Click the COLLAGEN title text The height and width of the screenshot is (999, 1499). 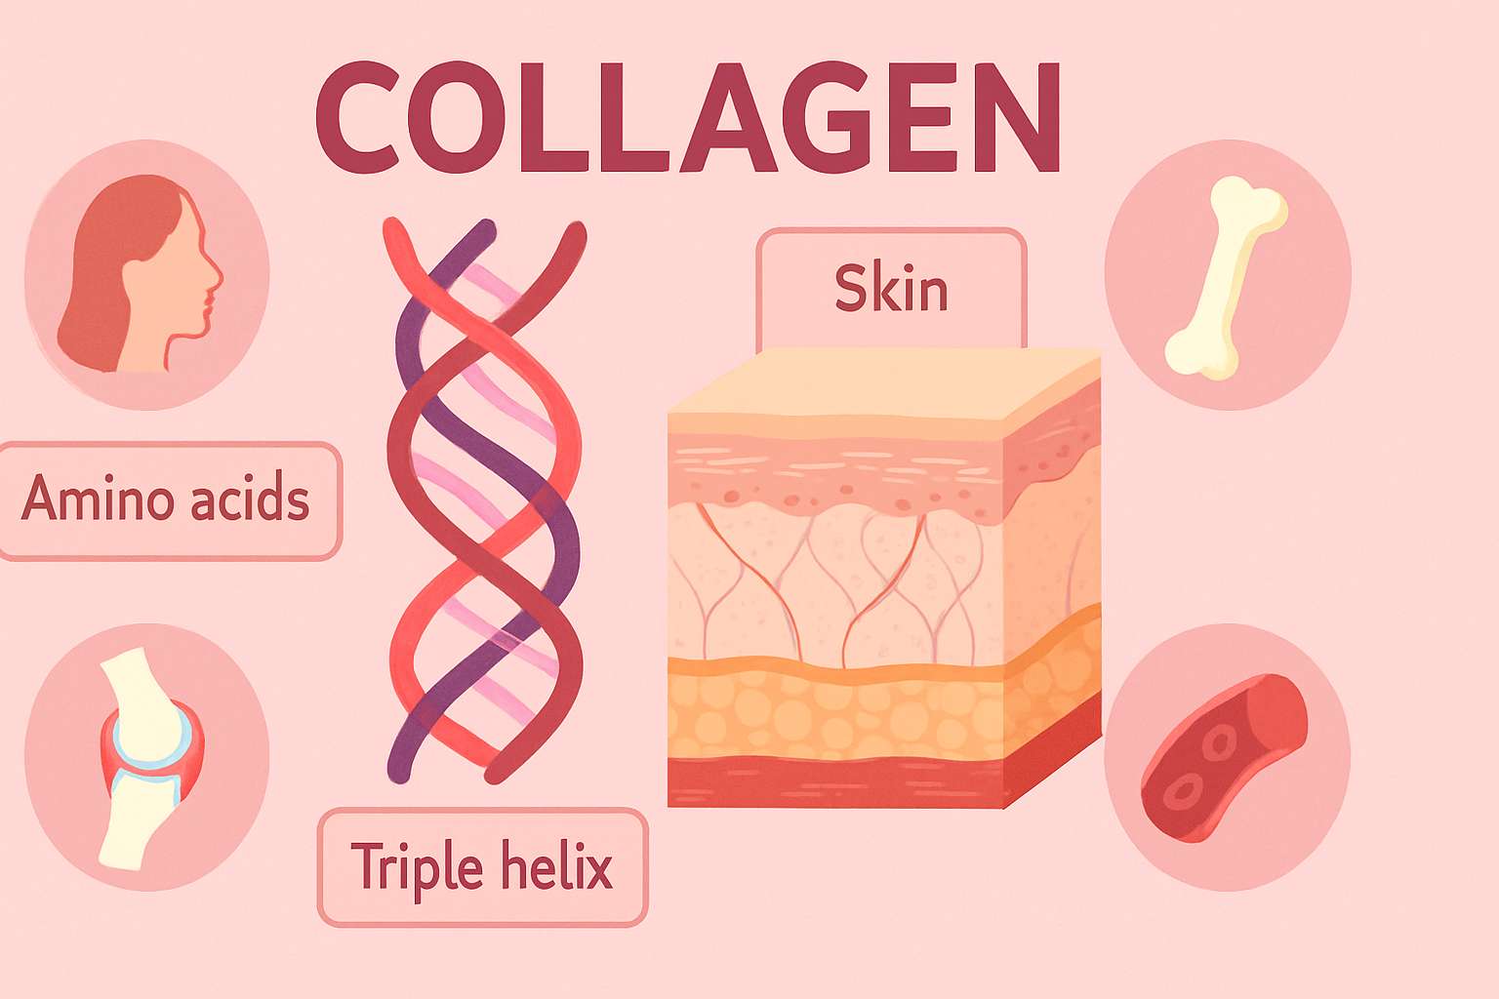pyautogui.click(x=687, y=117)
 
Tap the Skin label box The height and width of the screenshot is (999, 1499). pyautogui.click(x=891, y=289)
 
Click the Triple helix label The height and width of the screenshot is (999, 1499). pyautogui.click(x=482, y=866)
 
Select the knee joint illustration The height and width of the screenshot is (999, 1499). pyautogui.click(x=146, y=756)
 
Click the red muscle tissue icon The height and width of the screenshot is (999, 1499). pyautogui.click(x=1225, y=756)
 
